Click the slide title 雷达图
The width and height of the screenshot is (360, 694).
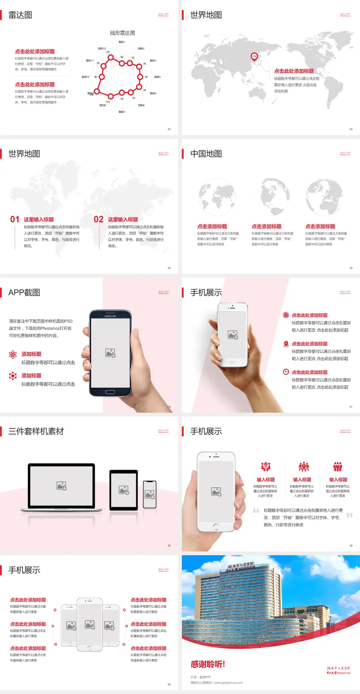pos(20,15)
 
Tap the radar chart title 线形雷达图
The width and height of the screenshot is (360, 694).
pos(122,33)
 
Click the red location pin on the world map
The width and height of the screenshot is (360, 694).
pos(254,56)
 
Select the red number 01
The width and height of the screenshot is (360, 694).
pos(15,219)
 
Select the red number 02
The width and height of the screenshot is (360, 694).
pos(99,219)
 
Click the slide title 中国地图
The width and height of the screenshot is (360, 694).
pos(206,154)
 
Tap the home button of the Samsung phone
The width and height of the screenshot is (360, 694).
pos(110,392)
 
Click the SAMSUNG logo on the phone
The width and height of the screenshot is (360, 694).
pos(110,316)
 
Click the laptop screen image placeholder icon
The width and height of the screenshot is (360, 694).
pos(61,486)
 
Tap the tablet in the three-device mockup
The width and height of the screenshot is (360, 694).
pos(124,490)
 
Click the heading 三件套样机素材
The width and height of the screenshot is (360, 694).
pos(36,431)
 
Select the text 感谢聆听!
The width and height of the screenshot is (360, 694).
pos(208,664)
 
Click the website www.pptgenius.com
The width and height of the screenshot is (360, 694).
pos(228,683)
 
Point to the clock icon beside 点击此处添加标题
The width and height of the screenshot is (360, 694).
pos(286,372)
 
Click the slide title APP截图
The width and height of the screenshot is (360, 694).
pos(24,293)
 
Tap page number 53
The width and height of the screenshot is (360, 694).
pos(351,129)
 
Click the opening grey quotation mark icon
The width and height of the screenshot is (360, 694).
pos(256,511)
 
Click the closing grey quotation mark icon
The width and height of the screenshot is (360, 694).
pos(349,515)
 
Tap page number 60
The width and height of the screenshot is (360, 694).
pos(169,684)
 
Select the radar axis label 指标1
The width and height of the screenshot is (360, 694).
pos(122,42)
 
